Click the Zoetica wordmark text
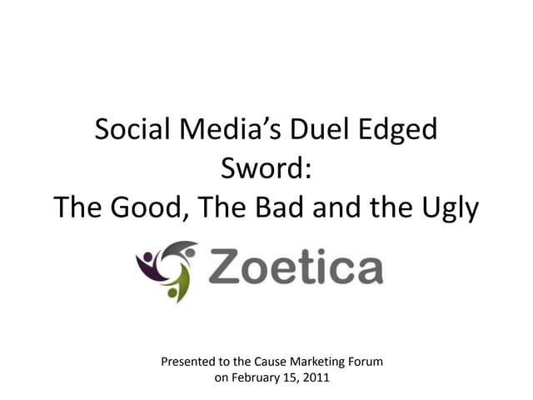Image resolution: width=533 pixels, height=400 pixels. (295, 269)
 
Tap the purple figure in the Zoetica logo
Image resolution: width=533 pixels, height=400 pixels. (147, 266)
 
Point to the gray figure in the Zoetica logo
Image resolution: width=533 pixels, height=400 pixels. (181, 251)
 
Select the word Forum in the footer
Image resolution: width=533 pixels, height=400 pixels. (367, 362)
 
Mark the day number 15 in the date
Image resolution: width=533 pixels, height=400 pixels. (292, 377)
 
